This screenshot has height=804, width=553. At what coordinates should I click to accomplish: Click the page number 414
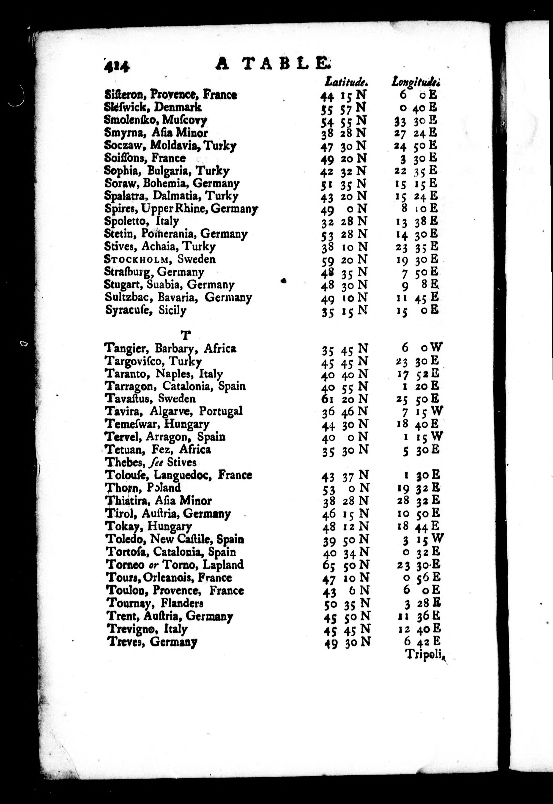116,65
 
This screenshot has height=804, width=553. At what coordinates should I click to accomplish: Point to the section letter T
186,335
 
